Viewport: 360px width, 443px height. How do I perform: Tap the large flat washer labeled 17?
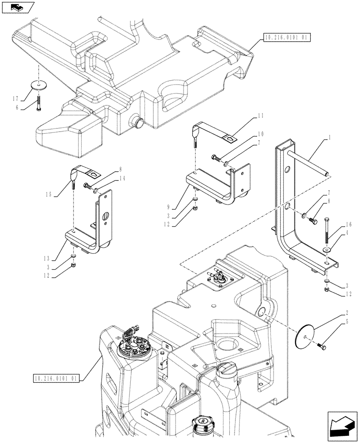click(x=39, y=85)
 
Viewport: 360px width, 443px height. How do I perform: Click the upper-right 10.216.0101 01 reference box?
click(x=286, y=38)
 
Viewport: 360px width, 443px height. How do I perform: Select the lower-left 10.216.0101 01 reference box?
click(x=55, y=378)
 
